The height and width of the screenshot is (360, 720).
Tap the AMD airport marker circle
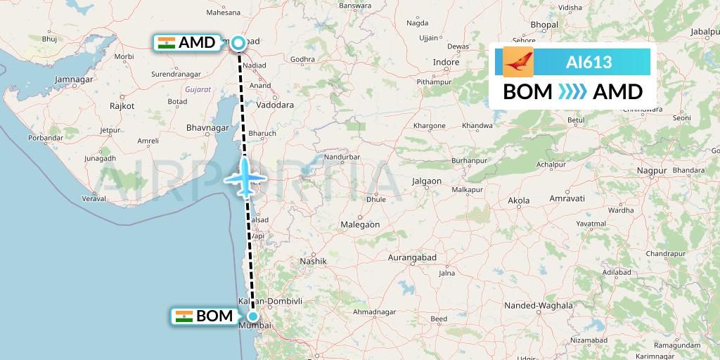point(238,44)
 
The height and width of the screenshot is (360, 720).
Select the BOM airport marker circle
point(252,316)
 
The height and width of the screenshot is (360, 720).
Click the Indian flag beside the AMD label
point(167,43)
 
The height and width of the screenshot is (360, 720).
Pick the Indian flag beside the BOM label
point(184,316)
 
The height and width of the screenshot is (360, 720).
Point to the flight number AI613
point(589,62)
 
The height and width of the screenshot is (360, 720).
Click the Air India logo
point(518,62)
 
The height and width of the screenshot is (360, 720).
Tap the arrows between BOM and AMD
point(572,92)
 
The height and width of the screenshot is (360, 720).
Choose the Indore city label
point(446,62)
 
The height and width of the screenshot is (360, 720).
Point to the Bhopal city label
point(544,25)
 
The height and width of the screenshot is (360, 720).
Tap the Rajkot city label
point(122,105)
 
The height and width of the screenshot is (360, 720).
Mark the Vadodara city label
point(275,105)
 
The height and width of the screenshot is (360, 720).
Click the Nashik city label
point(314,261)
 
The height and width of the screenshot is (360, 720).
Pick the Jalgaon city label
point(427,181)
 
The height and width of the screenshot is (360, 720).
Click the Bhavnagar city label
point(207,128)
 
